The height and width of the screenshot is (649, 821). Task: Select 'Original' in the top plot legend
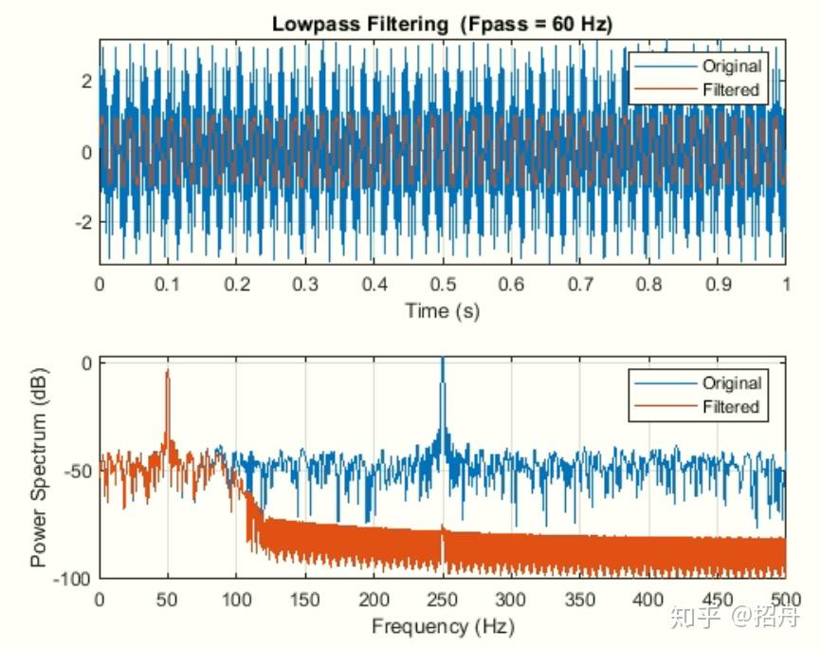pyautogui.click(x=731, y=66)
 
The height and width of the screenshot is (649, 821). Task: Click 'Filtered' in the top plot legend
pyautogui.click(x=731, y=90)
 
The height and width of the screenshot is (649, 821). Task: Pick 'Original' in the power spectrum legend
pyautogui.click(x=731, y=383)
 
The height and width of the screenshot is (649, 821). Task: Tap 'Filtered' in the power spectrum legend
pyautogui.click(x=731, y=407)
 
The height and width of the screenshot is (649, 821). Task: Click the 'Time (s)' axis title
pyautogui.click(x=442, y=310)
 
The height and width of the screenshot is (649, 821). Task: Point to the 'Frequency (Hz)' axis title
pyautogui.click(x=442, y=626)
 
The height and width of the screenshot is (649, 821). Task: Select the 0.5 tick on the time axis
pyautogui.click(x=442, y=285)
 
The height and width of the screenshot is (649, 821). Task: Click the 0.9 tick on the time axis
pyautogui.click(x=717, y=285)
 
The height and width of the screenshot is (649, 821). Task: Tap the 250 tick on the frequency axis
pyautogui.click(x=442, y=600)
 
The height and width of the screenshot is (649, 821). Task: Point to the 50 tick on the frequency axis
pyautogui.click(x=168, y=600)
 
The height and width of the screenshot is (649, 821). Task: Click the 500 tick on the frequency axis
pyautogui.click(x=783, y=600)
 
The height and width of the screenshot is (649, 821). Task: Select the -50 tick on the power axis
pyautogui.click(x=80, y=471)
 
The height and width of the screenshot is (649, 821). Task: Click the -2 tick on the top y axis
pyautogui.click(x=83, y=221)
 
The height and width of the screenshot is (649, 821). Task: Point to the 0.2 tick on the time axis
pyautogui.click(x=237, y=285)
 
